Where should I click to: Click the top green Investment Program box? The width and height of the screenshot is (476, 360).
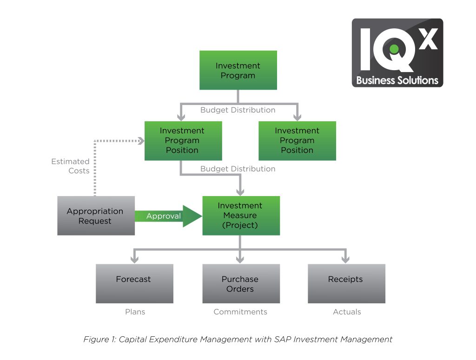238,70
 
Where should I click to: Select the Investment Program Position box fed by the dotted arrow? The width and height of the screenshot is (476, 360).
183,141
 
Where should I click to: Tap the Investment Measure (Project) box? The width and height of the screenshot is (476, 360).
241,215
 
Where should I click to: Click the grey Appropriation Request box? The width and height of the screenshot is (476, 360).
96,216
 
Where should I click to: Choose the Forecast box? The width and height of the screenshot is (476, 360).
134,283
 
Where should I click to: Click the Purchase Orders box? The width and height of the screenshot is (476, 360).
241,283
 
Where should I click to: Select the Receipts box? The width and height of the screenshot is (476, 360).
346,283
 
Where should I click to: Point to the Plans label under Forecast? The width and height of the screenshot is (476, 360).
135,312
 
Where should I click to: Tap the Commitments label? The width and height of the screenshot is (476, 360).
240,312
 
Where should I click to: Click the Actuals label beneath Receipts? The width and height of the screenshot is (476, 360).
347,312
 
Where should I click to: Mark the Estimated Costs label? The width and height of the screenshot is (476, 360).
70,166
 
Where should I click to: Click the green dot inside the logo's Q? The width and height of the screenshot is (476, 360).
394,48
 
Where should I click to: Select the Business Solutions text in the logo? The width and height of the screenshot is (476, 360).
397,80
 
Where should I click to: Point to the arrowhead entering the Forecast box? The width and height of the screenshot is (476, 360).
135,259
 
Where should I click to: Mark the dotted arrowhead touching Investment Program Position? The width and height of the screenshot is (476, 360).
140,140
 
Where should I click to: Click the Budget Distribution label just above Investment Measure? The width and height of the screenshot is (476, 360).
238,169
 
